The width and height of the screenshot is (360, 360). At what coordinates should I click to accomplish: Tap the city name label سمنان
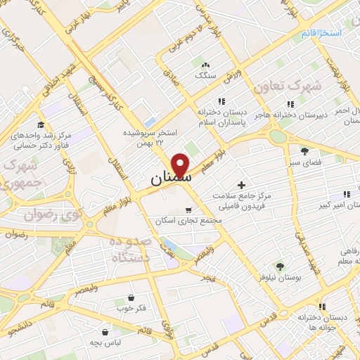click(x=169, y=181)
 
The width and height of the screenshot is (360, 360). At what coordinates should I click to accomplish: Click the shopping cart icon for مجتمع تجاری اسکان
click(x=188, y=210)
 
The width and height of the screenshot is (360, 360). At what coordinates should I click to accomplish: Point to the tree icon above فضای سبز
click(x=304, y=151)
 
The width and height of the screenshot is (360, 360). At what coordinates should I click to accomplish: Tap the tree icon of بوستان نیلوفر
click(x=280, y=266)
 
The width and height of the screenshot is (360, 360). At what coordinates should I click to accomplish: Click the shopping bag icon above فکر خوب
click(x=132, y=297)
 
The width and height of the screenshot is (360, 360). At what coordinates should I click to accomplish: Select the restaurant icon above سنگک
click(x=205, y=63)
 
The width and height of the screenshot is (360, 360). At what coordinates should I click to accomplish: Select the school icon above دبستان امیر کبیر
click(x=345, y=194)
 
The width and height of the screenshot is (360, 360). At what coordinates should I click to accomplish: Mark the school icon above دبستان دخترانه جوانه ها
click(x=322, y=307)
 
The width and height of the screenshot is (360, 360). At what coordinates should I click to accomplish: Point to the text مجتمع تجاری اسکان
click(x=188, y=221)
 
